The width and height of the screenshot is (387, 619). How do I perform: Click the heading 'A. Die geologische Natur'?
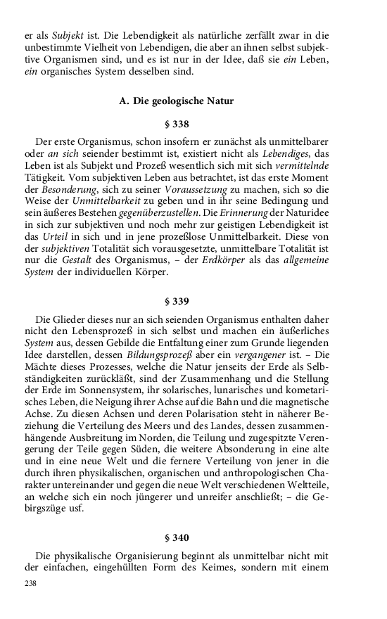[176, 101]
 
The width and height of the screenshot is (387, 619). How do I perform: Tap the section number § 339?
[176, 301]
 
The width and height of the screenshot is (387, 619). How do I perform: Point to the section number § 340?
[176, 537]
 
